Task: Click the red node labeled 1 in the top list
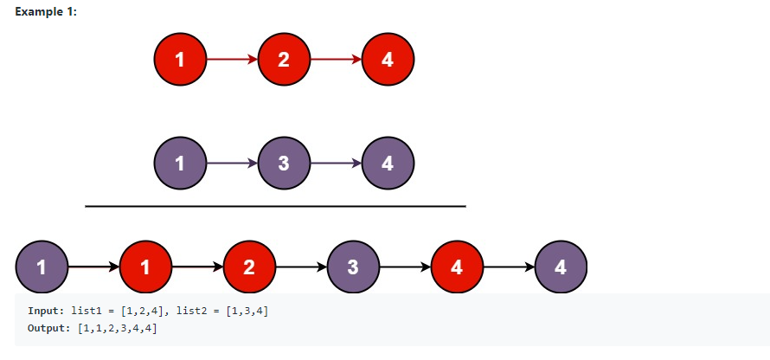180,60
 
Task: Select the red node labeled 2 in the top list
284,60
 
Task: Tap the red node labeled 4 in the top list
388,60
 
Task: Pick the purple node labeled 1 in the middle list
180,163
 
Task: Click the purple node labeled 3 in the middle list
284,163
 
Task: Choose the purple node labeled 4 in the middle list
388,163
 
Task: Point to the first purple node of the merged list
42,267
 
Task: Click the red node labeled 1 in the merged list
145,267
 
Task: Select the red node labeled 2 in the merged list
249,267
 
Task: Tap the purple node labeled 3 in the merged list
353,267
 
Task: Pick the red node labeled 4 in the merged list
457,267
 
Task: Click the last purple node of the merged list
561,267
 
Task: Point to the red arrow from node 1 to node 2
232,60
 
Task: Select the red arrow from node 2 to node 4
336,60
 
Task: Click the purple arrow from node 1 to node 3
232,163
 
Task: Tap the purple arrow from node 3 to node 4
336,163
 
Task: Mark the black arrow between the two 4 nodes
509,267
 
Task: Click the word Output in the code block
47,329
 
